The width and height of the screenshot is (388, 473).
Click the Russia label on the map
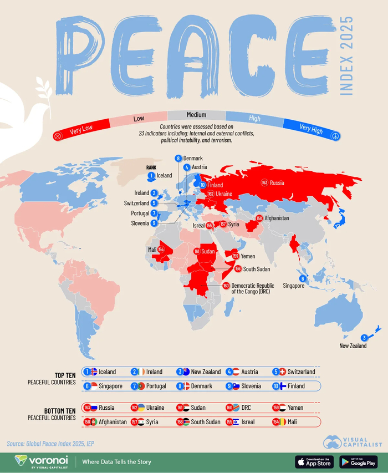pos(277,182)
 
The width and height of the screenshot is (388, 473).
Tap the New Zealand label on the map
pos(353,345)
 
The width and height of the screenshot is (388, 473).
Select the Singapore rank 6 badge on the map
pos(303,278)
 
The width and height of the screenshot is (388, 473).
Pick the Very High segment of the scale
pos(312,128)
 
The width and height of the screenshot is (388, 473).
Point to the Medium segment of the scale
pos(196,115)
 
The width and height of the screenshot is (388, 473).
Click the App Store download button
pos(314,461)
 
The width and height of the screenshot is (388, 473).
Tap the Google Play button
pos(358,461)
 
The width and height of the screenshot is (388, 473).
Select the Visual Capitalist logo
pos(353,442)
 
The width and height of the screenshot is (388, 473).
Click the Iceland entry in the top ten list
pos(102,372)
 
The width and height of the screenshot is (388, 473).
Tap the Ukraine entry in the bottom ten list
pos(150,408)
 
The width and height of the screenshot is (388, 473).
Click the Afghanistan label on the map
pos(277,218)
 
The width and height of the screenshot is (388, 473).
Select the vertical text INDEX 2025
pos(346,55)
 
